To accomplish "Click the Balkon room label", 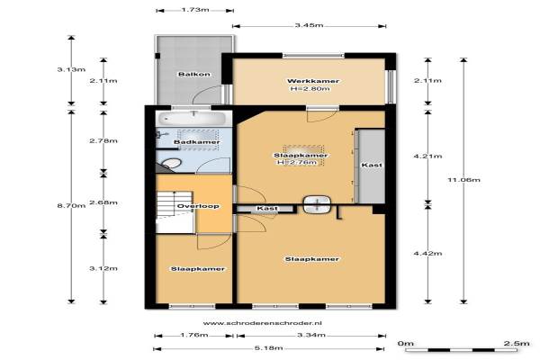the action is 194,74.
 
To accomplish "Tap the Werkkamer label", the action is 313,81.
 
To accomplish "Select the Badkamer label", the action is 196,142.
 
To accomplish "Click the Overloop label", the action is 198,206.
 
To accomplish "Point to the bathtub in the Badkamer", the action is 193,118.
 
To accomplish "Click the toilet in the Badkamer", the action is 170,164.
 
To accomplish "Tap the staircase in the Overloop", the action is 175,211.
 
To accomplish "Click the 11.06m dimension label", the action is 463,179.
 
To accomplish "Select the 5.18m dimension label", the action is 268,348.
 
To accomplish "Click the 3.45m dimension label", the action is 309,25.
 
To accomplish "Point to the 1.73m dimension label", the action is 195,10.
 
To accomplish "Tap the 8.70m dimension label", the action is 71,206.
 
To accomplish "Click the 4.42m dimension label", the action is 427,253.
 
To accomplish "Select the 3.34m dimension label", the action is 311,335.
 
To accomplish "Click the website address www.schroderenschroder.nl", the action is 263,323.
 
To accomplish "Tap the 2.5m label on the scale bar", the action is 517,343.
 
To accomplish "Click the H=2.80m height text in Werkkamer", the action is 310,88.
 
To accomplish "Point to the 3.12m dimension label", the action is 103,268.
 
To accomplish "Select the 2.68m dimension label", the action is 103,202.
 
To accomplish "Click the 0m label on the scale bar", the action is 405,343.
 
